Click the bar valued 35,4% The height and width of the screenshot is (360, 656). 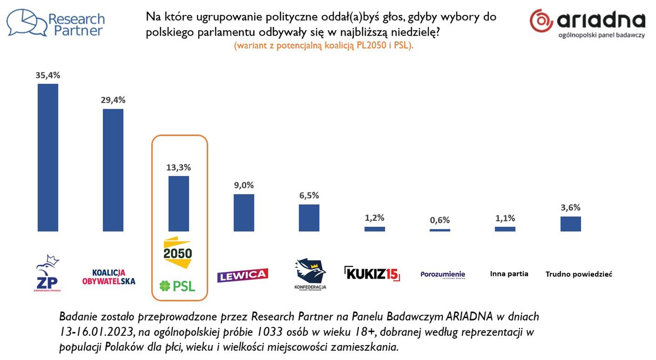click(x=48, y=157)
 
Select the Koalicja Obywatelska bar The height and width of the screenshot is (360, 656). click(x=113, y=170)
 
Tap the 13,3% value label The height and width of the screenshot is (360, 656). click(x=179, y=167)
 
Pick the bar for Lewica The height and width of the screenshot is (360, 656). click(x=244, y=212)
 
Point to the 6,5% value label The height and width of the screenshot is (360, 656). click(x=309, y=196)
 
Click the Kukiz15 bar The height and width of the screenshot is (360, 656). click(x=374, y=229)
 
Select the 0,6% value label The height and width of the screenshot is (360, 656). click(x=440, y=220)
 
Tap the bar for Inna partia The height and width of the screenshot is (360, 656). click(x=505, y=229)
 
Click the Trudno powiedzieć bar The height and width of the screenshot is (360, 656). click(x=570, y=224)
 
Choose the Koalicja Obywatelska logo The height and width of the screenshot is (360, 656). click(x=109, y=277)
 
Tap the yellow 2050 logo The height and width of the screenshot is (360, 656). click(x=177, y=252)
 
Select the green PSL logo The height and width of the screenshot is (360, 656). click(x=177, y=285)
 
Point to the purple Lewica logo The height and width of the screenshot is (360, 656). click(x=243, y=275)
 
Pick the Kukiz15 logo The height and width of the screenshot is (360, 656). click(x=372, y=273)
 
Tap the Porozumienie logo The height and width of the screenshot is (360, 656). click(x=442, y=275)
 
